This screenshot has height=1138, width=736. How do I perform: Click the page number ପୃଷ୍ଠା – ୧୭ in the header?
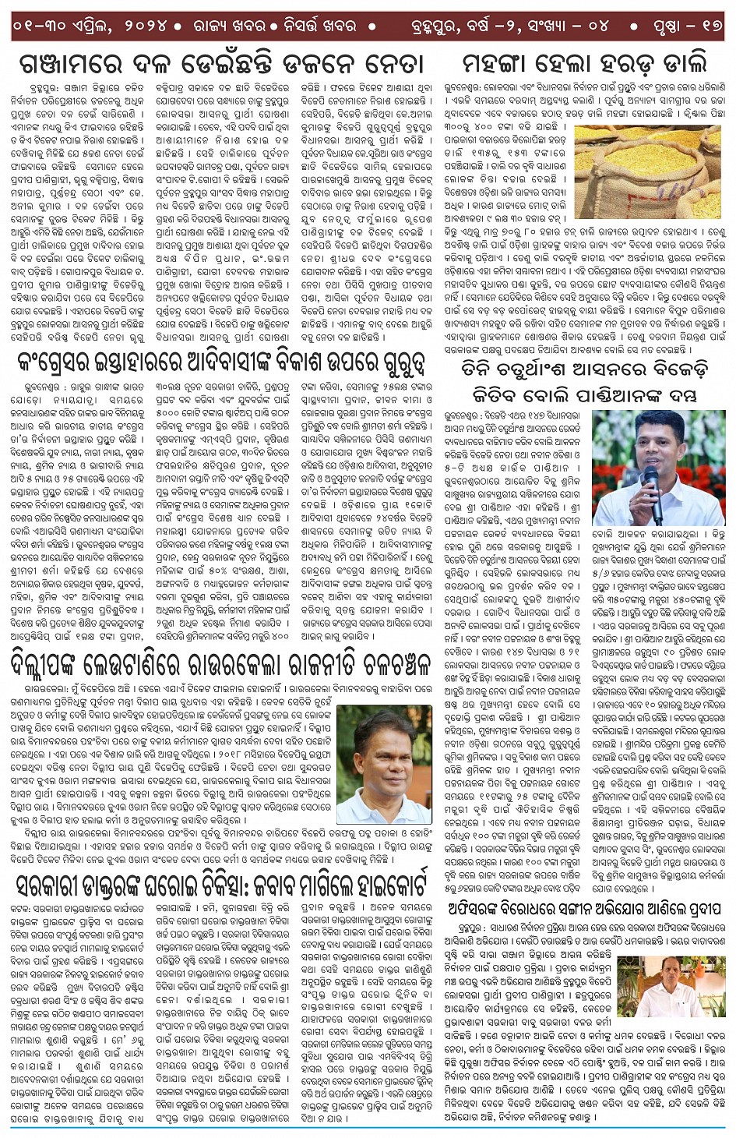[688, 26]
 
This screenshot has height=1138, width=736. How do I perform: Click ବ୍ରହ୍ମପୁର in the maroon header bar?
[442, 26]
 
